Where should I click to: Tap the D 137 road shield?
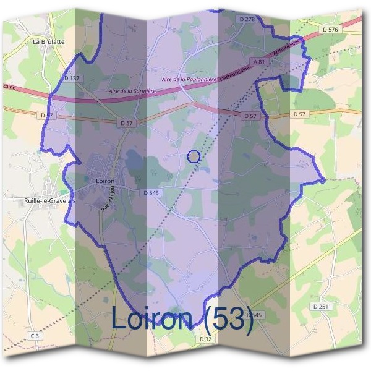point(72,78)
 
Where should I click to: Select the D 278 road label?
point(247,20)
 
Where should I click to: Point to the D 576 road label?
point(330,29)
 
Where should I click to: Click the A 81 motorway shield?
point(258,62)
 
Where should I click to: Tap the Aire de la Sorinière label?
point(131,91)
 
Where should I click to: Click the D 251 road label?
point(320,307)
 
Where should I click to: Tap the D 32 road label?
point(206,339)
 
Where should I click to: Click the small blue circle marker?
point(194,156)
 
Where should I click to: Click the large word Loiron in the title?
point(155,318)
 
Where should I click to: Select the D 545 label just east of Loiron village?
point(151,193)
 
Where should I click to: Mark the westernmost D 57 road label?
point(46,115)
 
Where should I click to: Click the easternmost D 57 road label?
point(299,114)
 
